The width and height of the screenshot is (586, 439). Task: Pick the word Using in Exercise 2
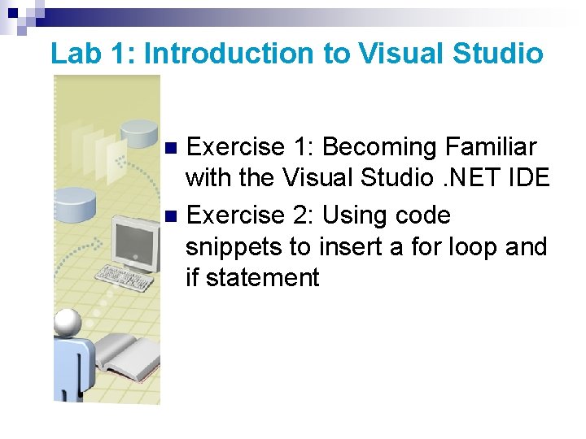(x=355, y=215)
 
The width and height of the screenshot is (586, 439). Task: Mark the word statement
(x=263, y=278)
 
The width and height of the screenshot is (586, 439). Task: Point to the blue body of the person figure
(x=72, y=370)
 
